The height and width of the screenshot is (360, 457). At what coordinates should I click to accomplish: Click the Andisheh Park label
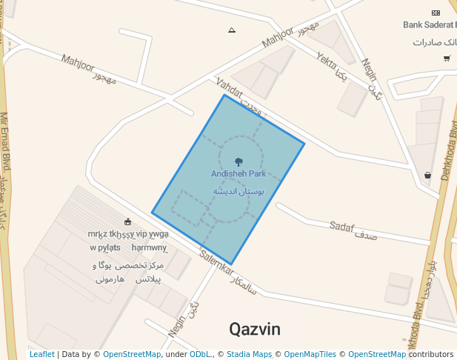click(238, 174)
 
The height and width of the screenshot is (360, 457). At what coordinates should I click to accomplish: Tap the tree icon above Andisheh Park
click(238, 161)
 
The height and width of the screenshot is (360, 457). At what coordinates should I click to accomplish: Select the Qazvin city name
click(255, 329)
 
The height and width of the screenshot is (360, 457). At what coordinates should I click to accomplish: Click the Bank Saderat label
click(430, 24)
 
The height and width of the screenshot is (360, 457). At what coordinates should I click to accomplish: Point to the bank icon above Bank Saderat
click(436, 13)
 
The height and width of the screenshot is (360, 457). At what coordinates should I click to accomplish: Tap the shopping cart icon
click(447, 58)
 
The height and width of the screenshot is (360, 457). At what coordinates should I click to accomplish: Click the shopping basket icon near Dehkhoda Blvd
click(428, 176)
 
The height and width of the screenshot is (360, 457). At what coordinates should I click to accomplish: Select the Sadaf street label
click(342, 226)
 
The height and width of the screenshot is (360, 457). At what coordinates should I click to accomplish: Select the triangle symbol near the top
click(232, 30)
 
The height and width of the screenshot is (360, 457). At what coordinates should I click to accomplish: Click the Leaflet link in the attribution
click(41, 355)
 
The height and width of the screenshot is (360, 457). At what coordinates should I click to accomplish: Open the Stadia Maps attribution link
click(249, 355)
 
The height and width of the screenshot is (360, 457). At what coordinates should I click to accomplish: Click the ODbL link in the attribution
click(201, 355)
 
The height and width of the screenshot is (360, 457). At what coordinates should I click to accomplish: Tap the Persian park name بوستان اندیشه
click(238, 191)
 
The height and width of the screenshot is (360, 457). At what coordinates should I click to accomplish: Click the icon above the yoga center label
click(128, 221)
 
